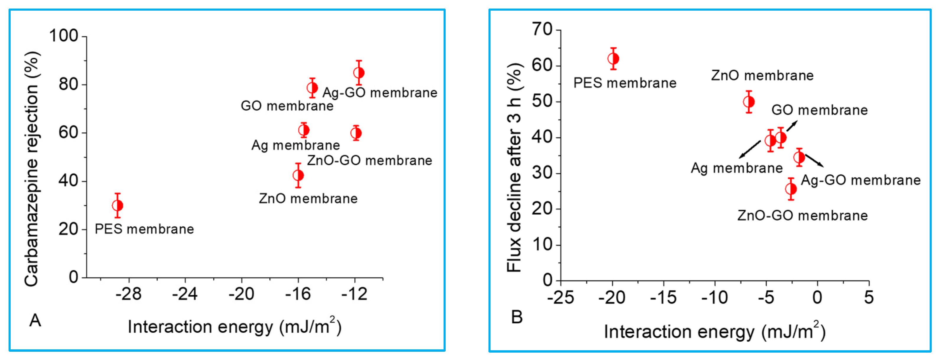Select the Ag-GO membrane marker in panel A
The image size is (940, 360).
(359, 73)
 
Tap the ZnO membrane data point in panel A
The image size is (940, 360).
(298, 175)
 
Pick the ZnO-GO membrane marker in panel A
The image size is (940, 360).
(356, 133)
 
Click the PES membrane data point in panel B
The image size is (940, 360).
(613, 59)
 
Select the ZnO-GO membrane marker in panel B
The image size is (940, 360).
(791, 189)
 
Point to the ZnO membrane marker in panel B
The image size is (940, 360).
(749, 102)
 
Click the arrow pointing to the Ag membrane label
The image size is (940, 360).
(750, 149)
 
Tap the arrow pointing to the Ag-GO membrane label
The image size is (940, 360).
(814, 160)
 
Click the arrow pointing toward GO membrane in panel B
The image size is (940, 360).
(792, 126)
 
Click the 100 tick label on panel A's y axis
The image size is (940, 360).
(63, 36)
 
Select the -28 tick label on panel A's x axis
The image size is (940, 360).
(128, 294)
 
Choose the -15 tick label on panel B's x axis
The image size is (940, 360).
(663, 298)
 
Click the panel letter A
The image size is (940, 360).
(35, 320)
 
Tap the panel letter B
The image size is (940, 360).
(517, 317)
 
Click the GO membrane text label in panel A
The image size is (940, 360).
(287, 106)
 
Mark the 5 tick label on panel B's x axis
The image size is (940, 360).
(869, 298)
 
